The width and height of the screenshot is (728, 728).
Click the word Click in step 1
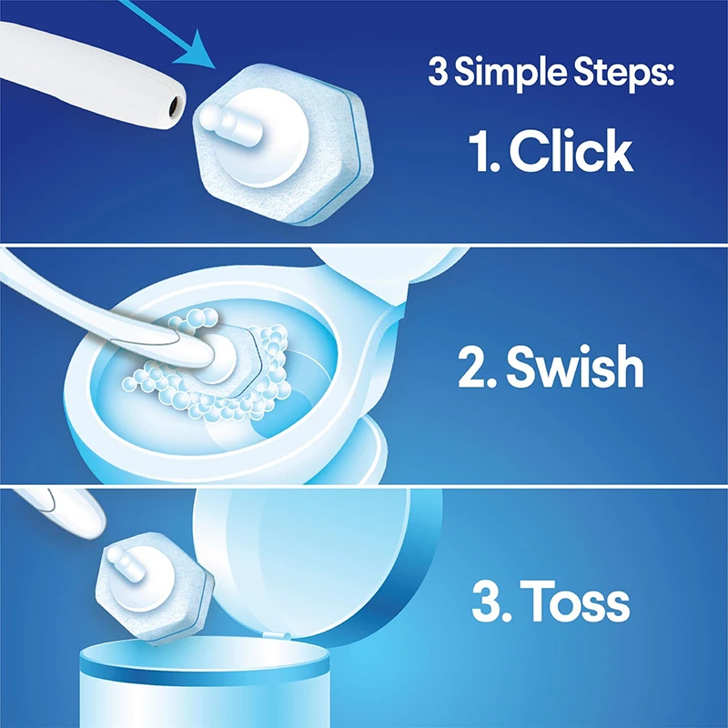[x=571, y=152]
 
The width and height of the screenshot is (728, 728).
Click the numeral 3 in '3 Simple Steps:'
[x=438, y=73]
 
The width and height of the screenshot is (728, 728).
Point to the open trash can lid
[x=318, y=555]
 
